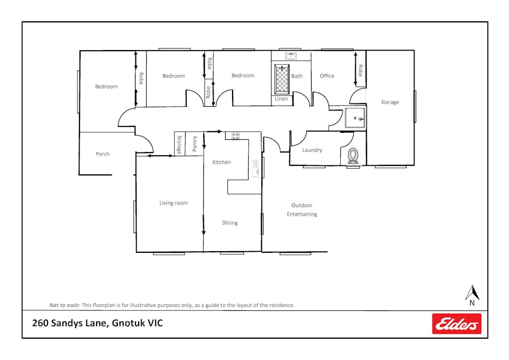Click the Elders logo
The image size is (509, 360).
click(456, 323)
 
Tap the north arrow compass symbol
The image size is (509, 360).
click(472, 295)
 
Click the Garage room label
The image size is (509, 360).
click(390, 102)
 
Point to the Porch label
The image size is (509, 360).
click(102, 154)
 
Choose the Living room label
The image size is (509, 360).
click(174, 203)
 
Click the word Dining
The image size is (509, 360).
click(230, 223)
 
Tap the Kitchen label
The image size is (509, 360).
click(221, 162)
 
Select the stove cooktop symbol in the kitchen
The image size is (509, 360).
click(235, 136)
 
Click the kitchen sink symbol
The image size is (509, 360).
click(256, 169)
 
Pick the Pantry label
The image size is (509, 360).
click(194, 144)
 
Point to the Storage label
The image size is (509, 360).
click(179, 145)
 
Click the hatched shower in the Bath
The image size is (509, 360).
click(282, 79)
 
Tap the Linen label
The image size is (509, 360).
click(281, 99)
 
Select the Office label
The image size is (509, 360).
click(327, 76)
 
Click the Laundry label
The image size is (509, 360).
click(312, 150)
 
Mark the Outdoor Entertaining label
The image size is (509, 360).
click(302, 210)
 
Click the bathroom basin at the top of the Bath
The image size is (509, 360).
click(291, 56)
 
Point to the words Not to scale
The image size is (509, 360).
click(65, 305)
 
